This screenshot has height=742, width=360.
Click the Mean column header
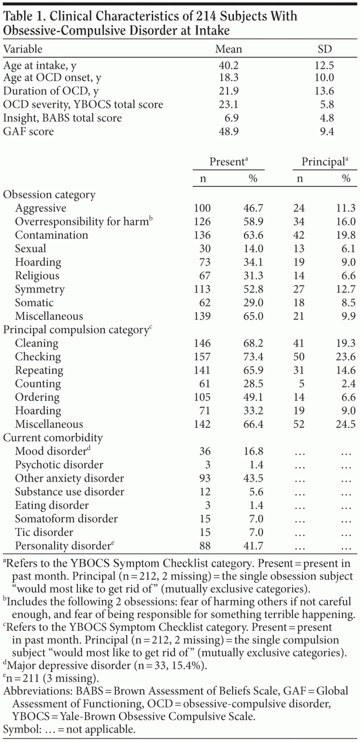pos(228,49)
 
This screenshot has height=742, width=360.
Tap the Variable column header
pos(23,49)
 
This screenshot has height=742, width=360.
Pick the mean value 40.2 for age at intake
pos(228,66)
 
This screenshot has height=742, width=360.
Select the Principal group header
pos(324,162)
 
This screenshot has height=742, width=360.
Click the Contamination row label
pos(52,235)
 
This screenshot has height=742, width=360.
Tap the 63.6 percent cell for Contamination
pos(254,235)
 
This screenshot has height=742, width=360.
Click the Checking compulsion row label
pos(38,357)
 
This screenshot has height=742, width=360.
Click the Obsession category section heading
pos(49,195)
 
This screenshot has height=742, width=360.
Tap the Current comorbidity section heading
pos(53,438)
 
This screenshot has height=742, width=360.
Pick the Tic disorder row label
pos(44,532)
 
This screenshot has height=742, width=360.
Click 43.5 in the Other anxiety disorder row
pos(254,478)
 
